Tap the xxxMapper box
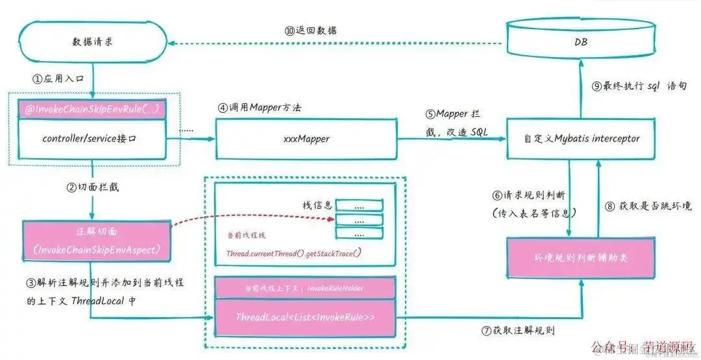coord(306,138)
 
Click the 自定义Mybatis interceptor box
coord(582,138)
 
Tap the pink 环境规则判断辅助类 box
coord(582,258)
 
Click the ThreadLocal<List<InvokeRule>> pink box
coord(305,318)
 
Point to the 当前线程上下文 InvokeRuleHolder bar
coord(305,287)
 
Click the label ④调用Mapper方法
coord(259,106)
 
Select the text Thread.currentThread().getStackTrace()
coord(293,252)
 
